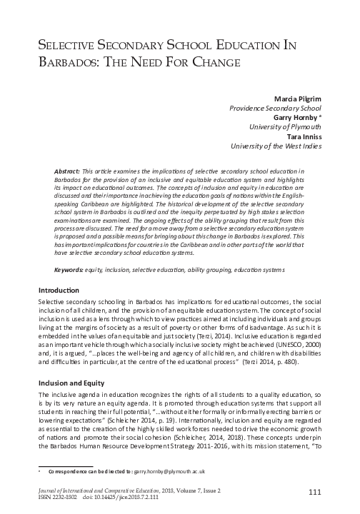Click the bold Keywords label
coord(70,250)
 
